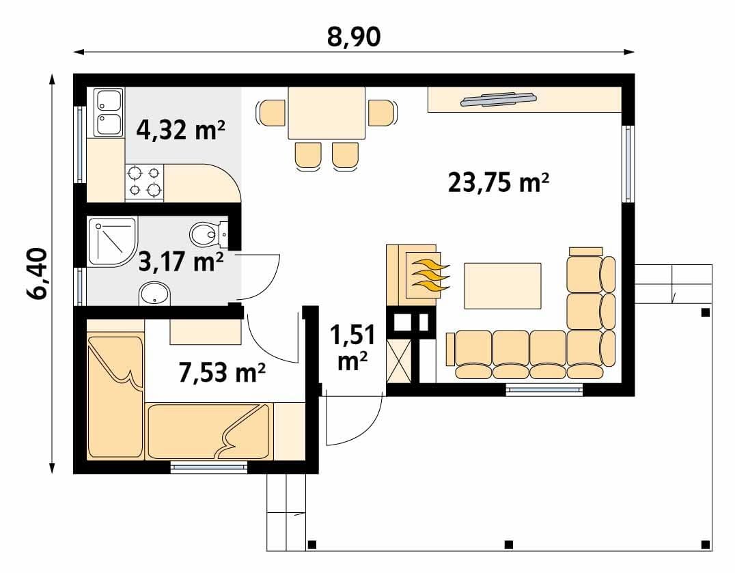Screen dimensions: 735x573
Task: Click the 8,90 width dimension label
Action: coord(354,37)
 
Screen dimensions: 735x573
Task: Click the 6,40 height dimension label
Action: coord(38,274)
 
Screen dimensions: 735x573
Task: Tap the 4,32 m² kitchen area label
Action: coord(180,130)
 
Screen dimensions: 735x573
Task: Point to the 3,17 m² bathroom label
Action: coord(181,261)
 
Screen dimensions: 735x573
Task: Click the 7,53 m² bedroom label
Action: coord(222,372)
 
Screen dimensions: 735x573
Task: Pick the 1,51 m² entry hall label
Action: coord(352,348)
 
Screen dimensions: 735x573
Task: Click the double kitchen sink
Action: coord(109,113)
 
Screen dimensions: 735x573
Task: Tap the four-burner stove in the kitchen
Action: coord(144,183)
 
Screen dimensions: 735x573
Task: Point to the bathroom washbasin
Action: coord(154,293)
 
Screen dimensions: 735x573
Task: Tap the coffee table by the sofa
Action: coord(503,285)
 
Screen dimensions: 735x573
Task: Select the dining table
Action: coord(327,113)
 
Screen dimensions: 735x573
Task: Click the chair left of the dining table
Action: coord(271,113)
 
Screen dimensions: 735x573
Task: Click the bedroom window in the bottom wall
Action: coord(208,467)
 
